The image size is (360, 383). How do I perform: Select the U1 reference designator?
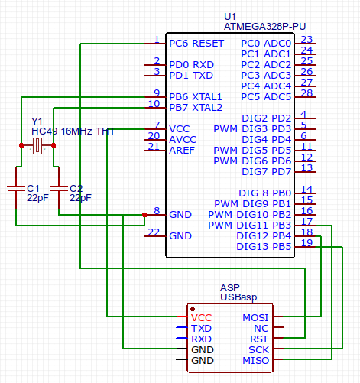[x=230, y=16]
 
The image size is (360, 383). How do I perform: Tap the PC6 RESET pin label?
[x=196, y=44]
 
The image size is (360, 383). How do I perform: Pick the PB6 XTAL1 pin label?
[x=196, y=97]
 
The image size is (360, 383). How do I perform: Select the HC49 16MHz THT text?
[x=73, y=131]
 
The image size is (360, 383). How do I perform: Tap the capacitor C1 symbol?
[x=16, y=188]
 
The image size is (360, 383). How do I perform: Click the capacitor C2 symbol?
[x=59, y=188]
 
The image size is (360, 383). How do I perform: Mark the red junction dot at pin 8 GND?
[x=144, y=215]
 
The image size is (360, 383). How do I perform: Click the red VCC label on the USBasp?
[x=202, y=317]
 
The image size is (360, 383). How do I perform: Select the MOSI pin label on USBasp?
[x=255, y=317]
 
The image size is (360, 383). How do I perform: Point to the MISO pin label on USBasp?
[x=255, y=360]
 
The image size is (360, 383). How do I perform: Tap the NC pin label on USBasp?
[x=261, y=328]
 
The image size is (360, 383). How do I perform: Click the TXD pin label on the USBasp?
[x=202, y=328]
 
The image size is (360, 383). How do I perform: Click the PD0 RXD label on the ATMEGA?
[x=192, y=65]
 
